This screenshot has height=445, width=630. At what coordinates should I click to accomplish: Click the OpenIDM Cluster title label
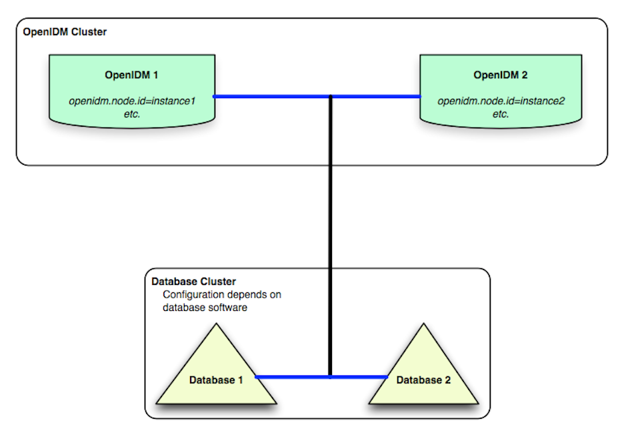pos(65,32)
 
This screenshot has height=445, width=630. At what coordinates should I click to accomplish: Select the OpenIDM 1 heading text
pos(131,75)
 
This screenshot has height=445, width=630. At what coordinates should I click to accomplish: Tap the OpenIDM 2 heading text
pos(500,75)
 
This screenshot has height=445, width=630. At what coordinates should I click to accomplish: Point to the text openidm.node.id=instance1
pos(132,101)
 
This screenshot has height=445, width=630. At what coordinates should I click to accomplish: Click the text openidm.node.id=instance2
pos(501,101)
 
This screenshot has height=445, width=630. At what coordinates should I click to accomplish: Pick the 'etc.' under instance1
pos(132,114)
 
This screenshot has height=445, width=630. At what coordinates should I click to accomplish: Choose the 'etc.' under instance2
pos(501,114)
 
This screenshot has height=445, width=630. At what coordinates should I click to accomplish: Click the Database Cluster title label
pos(193,282)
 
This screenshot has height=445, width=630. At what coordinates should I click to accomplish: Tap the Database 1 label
pos(216,380)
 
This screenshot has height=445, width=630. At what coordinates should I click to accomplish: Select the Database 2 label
pos(423,380)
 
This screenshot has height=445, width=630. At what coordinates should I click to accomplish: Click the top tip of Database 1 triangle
pos(217,324)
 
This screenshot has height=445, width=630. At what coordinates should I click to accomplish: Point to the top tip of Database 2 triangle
pos(423,324)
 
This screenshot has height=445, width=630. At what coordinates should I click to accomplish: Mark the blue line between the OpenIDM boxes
pos(317,97)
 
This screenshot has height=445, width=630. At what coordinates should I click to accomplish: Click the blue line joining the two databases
pos(321,377)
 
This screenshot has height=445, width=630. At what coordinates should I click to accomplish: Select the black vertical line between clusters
pos(330,236)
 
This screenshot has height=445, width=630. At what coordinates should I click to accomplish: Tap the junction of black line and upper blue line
pos(330,97)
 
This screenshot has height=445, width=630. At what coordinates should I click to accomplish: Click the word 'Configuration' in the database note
pos(193,295)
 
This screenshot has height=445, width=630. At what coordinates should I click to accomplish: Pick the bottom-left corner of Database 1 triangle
pos(157,403)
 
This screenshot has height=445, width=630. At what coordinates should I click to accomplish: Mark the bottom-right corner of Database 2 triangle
pos(478,403)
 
